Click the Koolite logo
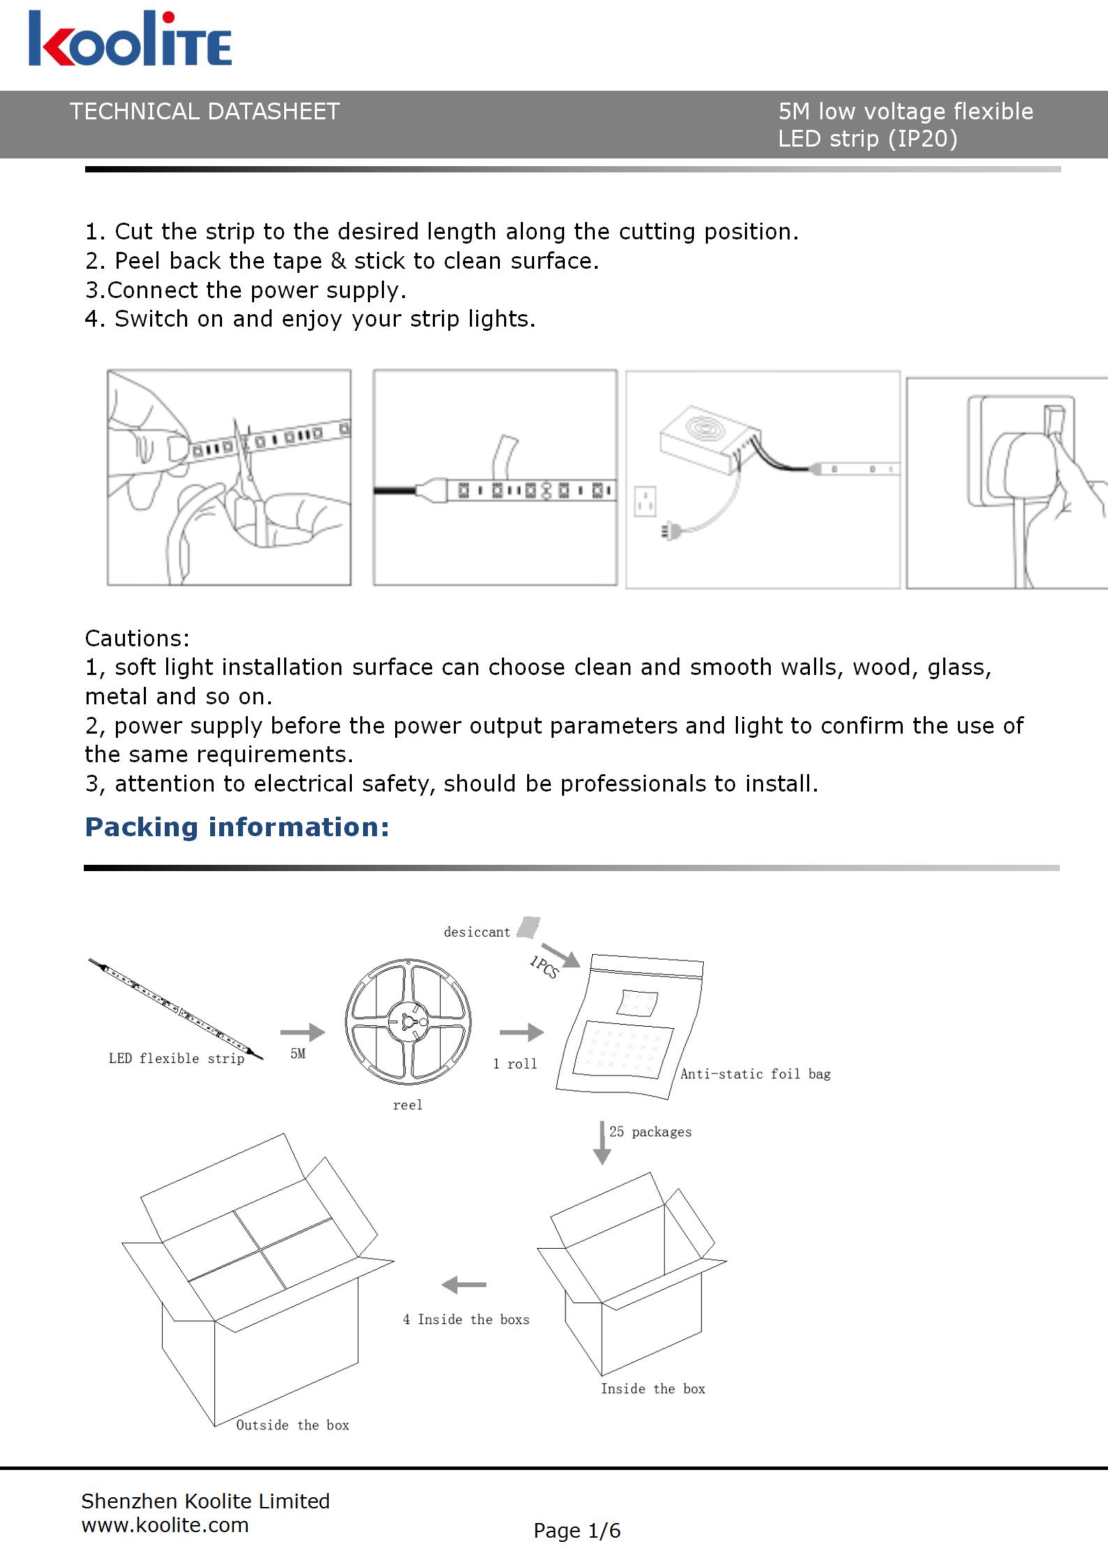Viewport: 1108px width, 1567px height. [130, 40]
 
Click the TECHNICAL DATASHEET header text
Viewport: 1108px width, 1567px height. [205, 112]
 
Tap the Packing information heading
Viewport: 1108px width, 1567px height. [237, 827]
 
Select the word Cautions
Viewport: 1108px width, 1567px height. [137, 638]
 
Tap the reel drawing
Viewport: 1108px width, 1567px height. [408, 1022]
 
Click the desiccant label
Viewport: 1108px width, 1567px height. [477, 932]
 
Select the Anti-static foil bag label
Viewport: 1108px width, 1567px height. [755, 1074]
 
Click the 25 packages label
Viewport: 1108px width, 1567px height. [650, 1132]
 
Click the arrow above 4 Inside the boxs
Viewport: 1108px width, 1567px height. [464, 1284]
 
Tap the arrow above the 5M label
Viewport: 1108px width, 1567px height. [302, 1032]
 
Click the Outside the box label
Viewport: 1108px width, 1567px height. [293, 1425]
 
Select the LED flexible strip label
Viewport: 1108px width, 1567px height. [177, 1059]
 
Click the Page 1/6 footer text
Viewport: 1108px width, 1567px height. [577, 1531]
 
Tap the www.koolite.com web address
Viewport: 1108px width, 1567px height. [165, 1525]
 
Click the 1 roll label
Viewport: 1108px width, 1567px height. [515, 1064]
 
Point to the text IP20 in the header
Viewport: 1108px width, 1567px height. [922, 139]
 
